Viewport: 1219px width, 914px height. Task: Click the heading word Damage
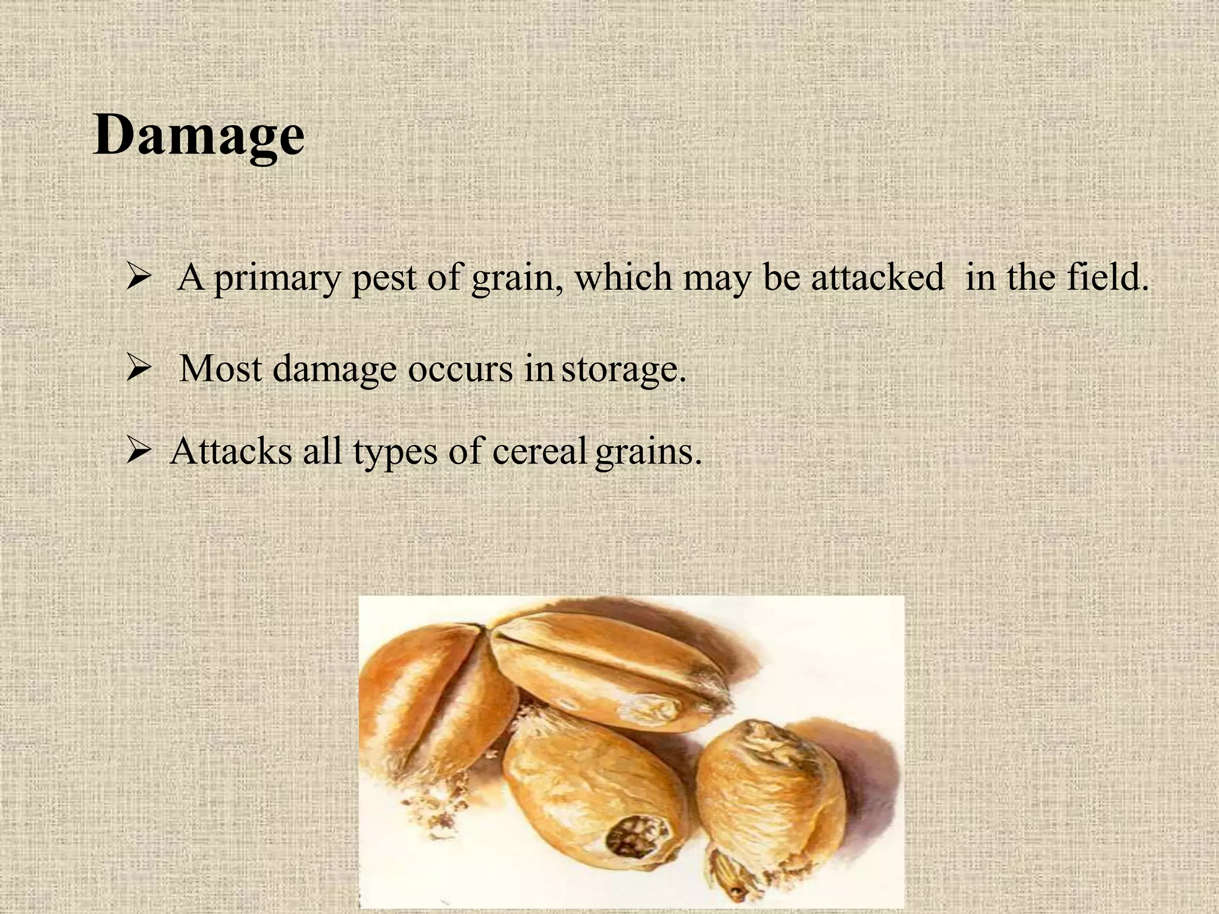tap(199, 136)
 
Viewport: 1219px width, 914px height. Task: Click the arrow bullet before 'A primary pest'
tap(137, 278)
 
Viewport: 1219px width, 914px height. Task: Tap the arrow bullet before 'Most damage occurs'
tap(137, 370)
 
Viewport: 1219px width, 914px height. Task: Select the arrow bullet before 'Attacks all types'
tap(137, 452)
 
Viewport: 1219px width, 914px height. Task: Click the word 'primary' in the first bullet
tap(277, 278)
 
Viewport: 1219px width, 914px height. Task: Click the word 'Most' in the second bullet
tap(221, 369)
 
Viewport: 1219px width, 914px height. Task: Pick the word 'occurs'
tap(460, 369)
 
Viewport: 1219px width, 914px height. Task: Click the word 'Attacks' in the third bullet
tap(231, 451)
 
